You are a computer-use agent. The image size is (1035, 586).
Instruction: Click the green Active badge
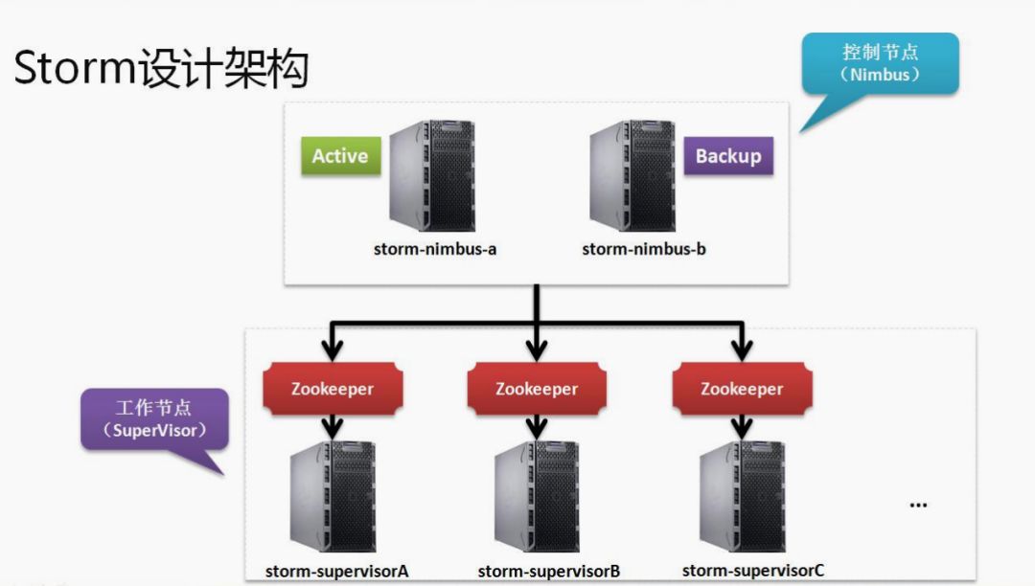(x=340, y=156)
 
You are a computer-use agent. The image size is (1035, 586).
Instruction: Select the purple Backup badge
(x=728, y=156)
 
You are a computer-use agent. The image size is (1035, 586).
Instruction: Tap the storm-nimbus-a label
(x=435, y=249)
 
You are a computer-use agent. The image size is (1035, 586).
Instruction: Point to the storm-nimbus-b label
(x=644, y=249)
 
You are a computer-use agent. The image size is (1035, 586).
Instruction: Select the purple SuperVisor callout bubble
(x=154, y=419)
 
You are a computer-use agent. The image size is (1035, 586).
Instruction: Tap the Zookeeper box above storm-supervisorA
(x=332, y=389)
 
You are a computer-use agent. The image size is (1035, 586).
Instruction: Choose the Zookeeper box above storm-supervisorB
(x=537, y=389)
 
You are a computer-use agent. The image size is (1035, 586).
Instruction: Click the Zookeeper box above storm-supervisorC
(x=742, y=389)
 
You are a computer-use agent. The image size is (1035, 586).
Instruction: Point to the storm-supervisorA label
(x=337, y=572)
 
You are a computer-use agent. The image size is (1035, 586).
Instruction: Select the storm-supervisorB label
(x=549, y=572)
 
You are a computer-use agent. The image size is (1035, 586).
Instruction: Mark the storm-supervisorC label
(x=753, y=571)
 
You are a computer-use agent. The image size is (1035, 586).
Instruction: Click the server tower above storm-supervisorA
(x=333, y=498)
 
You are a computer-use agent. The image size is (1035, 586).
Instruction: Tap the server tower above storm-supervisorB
(x=537, y=498)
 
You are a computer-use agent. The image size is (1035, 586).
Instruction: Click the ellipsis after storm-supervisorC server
(x=918, y=505)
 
